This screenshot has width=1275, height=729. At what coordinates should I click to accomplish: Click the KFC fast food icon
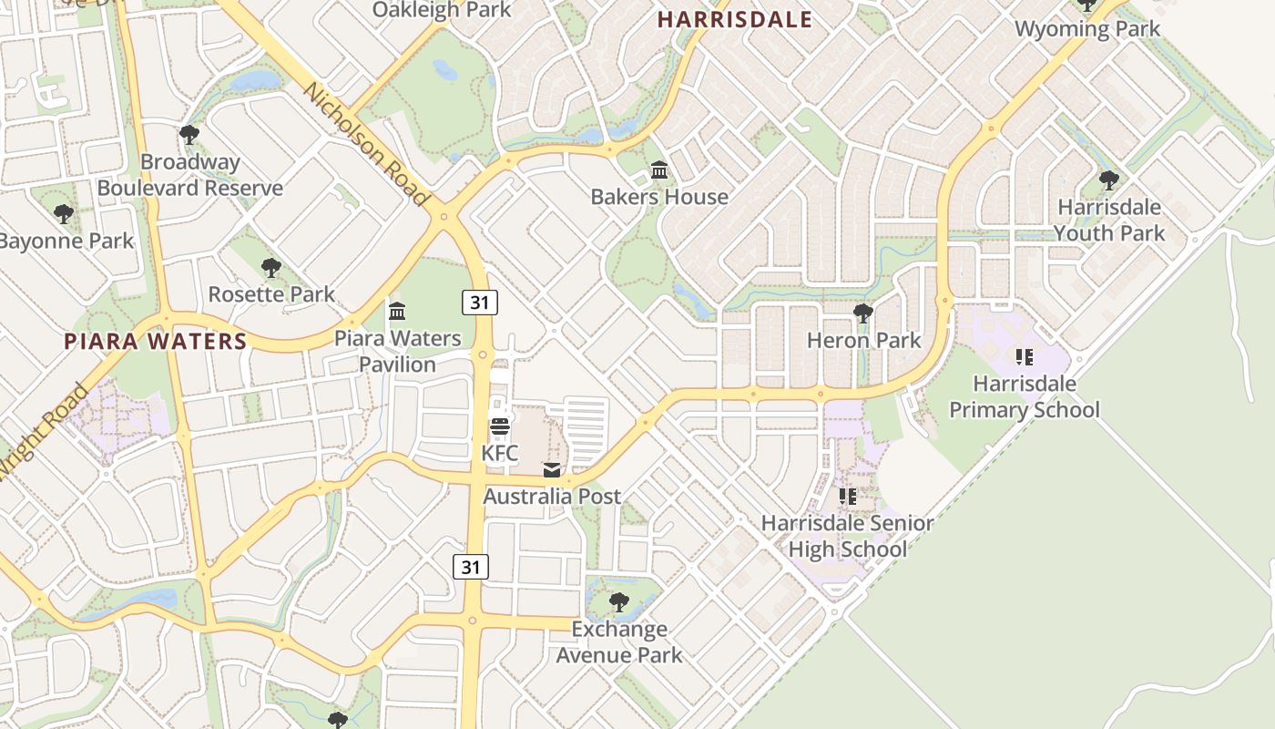coord(499,426)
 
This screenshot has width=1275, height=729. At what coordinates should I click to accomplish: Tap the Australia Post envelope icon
coord(552,470)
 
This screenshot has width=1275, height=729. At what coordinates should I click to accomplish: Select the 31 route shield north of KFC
coord(479,302)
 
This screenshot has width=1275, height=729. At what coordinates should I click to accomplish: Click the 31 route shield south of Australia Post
coord(470,567)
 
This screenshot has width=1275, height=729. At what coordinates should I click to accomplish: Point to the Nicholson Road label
coord(366,144)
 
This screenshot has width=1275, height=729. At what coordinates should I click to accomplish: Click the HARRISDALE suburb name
coord(734,19)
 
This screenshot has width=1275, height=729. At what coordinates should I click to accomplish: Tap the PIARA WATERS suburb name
coord(155,342)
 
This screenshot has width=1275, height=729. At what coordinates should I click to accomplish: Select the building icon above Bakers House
coord(659,170)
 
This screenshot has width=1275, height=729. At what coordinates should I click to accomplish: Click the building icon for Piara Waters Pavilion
coord(397,312)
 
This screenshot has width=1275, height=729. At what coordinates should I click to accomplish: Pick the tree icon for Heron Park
coord(862,314)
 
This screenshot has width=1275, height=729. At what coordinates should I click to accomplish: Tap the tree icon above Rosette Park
coord(270,268)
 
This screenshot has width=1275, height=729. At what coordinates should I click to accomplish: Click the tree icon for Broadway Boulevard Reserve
coord(189,136)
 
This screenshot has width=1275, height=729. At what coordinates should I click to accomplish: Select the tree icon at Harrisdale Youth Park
coord(1108,180)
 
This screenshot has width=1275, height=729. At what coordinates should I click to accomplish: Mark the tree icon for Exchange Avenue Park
coord(618,602)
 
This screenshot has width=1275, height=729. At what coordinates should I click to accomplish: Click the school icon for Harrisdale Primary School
coord(1024,357)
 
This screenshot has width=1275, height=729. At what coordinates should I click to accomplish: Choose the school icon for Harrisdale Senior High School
coord(848,497)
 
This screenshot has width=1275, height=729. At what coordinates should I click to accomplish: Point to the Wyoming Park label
coord(1087,29)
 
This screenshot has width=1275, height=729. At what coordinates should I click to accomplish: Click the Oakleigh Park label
coord(442,10)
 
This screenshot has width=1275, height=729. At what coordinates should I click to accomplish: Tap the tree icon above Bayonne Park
coord(63,215)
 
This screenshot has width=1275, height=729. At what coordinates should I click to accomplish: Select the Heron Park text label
coord(863,341)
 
